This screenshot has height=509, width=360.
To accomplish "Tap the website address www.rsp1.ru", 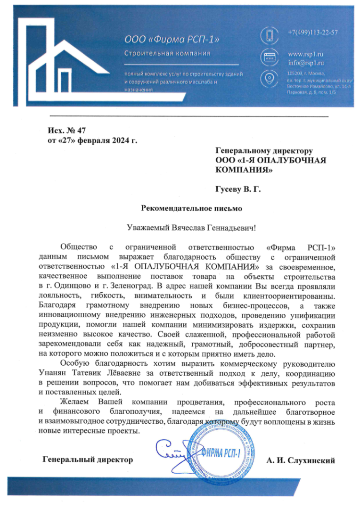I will (305, 54).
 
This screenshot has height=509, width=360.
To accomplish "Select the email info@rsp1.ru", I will (306, 62).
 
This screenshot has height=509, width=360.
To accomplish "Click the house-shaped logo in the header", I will (65, 61).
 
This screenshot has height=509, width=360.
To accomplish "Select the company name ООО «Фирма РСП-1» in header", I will (172, 38).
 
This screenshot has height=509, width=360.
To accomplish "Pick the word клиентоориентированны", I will (291, 296).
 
